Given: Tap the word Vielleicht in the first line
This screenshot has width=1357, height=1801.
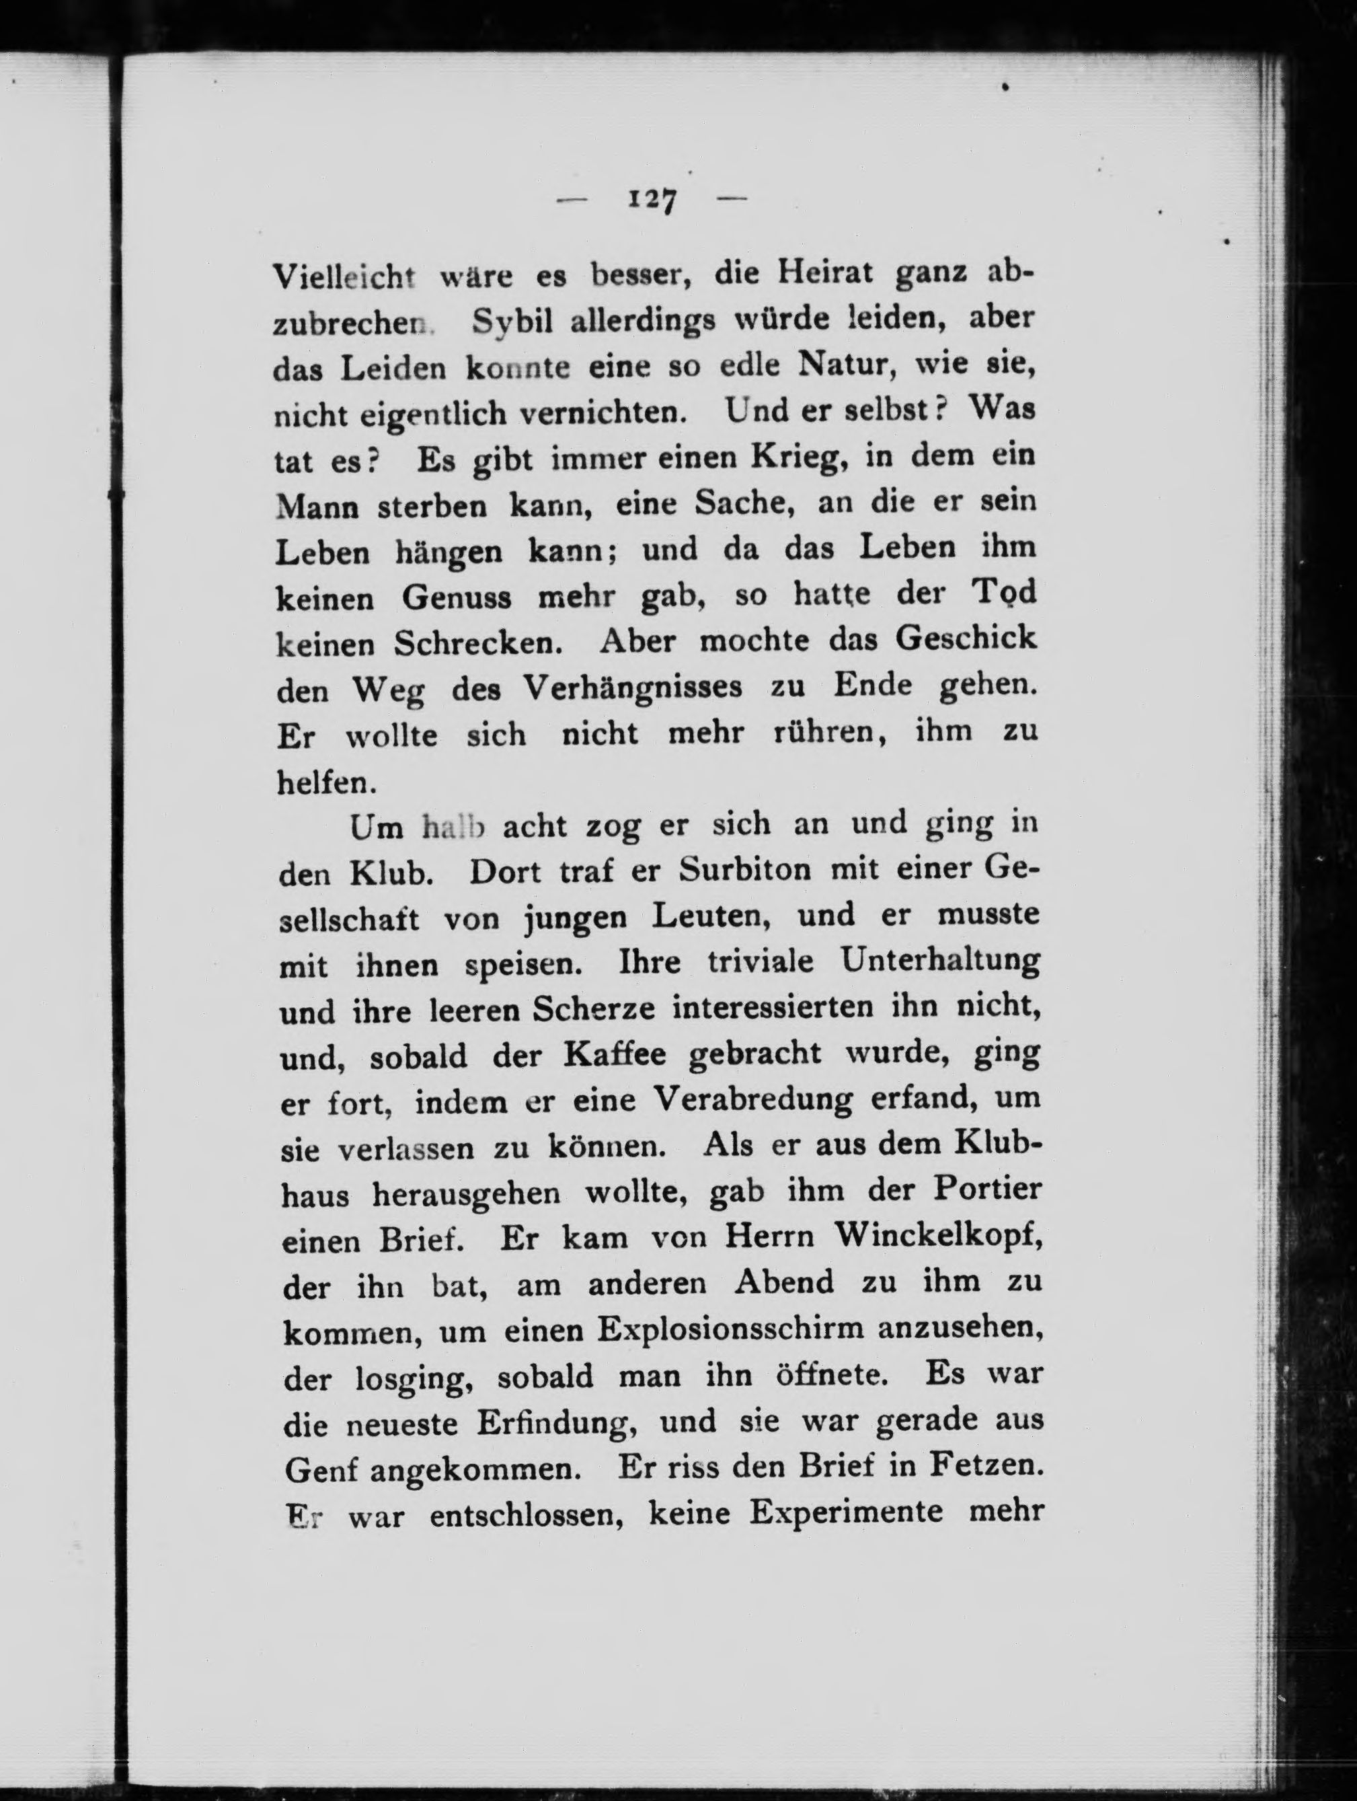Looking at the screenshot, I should pos(344,277).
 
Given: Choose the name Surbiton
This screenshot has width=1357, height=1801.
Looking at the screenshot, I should pos(746,870).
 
